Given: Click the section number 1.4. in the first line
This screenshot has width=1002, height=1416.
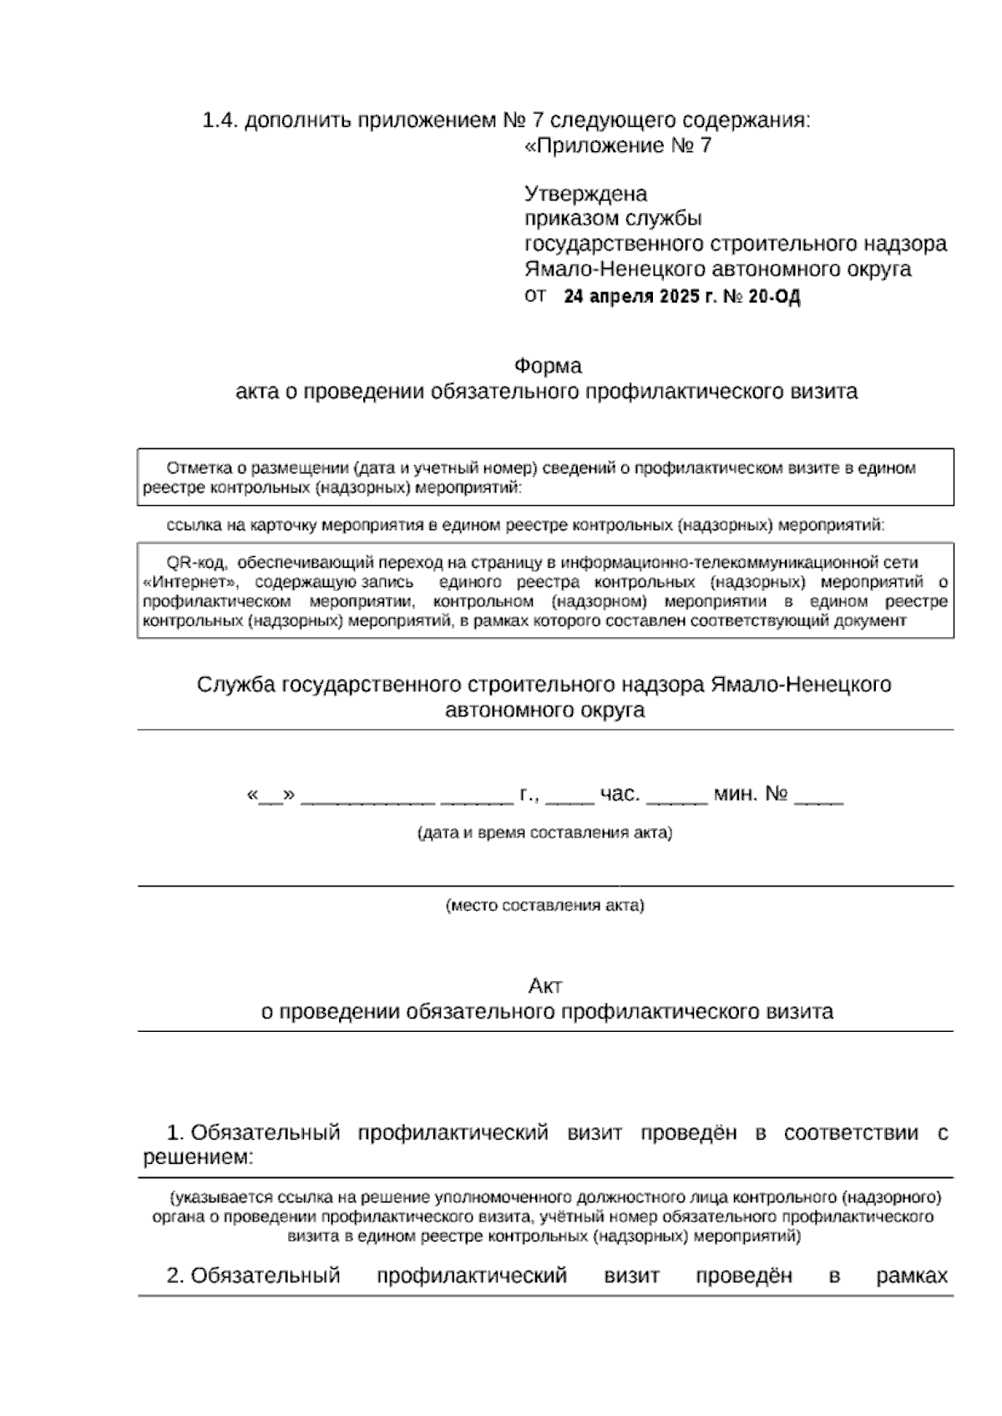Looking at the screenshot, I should pos(220,121).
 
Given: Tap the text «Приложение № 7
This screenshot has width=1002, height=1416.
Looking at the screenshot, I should pos(618,146).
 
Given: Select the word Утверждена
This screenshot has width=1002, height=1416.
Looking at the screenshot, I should pos(585,195).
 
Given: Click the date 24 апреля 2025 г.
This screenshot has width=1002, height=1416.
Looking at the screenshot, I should pos(640,296).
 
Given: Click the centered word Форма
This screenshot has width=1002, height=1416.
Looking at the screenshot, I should pos(548,367).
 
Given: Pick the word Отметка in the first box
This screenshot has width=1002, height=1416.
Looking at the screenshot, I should pos(195,468).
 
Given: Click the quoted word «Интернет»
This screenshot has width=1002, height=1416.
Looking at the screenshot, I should pos(191,582).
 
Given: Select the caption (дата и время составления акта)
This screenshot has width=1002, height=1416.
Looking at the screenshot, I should pos(544,832).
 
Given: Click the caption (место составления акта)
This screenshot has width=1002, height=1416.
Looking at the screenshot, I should pos(544,906).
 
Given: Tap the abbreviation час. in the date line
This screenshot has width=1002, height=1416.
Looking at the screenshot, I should pos(620,794).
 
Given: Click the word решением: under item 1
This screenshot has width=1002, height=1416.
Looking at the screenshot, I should pos(198,1159).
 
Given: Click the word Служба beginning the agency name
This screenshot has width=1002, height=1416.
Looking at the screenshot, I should pos(236,685).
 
